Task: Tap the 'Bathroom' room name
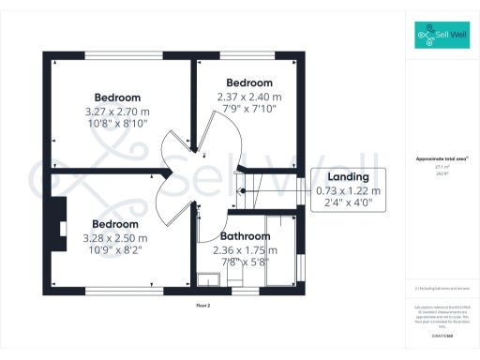coord(247,236)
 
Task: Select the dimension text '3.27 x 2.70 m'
coord(118,110)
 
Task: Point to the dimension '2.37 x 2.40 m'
coord(248,96)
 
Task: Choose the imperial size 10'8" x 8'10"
coord(118,122)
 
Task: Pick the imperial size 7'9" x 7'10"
coord(248,108)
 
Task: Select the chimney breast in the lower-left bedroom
coord(59,222)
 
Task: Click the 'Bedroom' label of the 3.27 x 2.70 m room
coord(118,97)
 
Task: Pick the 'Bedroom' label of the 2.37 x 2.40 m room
coord(249,82)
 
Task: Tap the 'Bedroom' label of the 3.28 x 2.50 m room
coord(114,224)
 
